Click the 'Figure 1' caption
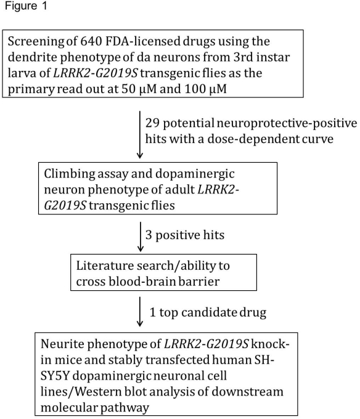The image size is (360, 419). click(26, 6)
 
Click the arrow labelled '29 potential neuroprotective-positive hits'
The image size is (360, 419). click(139, 135)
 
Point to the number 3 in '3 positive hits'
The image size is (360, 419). click(149, 235)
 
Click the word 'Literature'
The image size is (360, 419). click(105, 266)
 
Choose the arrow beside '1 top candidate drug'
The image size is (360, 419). click(139, 312)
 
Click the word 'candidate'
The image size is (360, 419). click(207, 312)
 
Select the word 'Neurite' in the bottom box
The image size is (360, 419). click(62, 344)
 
